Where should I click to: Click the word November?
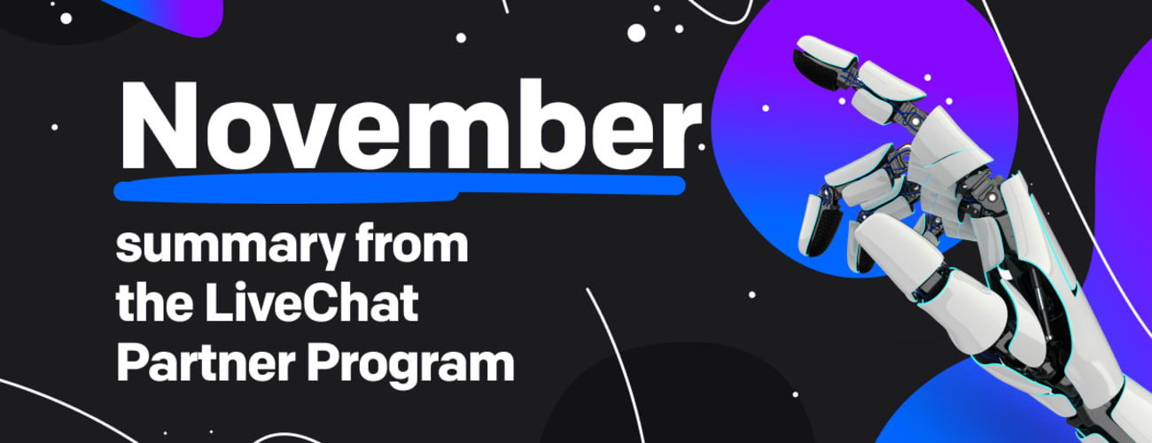pos(410,125)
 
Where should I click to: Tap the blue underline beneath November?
pos(399,187)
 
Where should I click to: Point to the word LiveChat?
pos(311,303)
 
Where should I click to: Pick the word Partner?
pos(206,363)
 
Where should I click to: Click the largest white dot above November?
pos(636,33)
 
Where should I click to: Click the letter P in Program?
pos(322,363)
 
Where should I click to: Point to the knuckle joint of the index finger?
pos(915,120)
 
